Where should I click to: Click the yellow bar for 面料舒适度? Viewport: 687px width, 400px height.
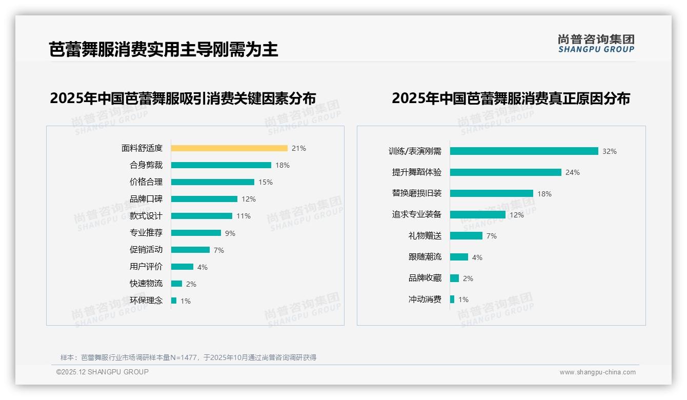[229, 148]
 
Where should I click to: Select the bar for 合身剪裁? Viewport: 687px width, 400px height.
[221, 165]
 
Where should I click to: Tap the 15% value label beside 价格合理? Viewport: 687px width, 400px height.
[266, 182]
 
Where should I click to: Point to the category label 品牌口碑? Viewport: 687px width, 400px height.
[146, 199]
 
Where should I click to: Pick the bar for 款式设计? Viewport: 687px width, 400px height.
[201, 216]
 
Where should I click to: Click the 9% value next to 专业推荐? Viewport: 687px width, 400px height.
[230, 233]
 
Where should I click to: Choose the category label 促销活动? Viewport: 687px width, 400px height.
[146, 250]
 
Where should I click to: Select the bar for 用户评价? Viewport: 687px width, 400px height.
[182, 267]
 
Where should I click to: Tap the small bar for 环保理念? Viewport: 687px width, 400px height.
[174, 301]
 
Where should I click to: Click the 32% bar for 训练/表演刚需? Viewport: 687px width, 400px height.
[524, 151]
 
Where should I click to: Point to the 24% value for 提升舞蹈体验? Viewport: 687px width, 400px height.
[573, 173]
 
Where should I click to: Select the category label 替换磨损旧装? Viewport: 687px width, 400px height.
[416, 193]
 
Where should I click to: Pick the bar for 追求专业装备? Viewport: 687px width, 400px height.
[478, 215]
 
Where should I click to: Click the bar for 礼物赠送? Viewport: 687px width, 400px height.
[466, 236]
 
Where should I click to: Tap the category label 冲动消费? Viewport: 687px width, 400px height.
[425, 299]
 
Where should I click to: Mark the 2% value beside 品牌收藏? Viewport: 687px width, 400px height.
[468, 278]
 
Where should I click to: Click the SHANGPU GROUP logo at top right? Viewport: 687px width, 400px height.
[596, 43]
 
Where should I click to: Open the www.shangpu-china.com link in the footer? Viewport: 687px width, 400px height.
[597, 372]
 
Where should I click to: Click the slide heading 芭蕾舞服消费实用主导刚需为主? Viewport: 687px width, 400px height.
[164, 50]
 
